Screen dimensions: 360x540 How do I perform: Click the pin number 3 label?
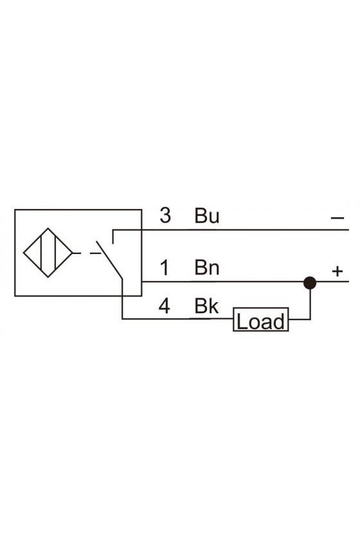click(x=165, y=215)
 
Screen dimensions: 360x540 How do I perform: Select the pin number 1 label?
click(x=165, y=267)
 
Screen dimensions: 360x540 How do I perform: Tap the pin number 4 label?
click(x=165, y=305)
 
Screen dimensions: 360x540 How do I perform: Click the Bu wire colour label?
click(x=207, y=215)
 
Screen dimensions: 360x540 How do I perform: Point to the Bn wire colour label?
click(x=207, y=267)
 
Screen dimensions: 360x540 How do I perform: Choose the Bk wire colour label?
click(x=206, y=305)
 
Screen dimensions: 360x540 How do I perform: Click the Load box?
click(x=261, y=319)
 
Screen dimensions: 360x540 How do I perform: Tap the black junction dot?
click(x=310, y=283)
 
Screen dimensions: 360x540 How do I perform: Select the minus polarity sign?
click(x=337, y=218)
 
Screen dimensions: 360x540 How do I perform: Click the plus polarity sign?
click(x=337, y=271)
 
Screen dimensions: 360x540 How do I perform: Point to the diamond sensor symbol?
click(x=48, y=253)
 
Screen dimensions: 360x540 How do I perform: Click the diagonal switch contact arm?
click(x=109, y=260)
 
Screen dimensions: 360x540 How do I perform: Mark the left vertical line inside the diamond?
click(x=41, y=253)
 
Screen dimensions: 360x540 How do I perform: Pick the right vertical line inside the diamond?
click(x=55, y=253)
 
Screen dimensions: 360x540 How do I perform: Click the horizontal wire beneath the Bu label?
click(x=231, y=230)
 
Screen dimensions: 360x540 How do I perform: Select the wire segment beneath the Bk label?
click(x=177, y=319)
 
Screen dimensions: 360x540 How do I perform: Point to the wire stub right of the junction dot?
click(x=332, y=282)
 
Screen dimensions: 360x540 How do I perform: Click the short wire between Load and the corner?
click(x=299, y=319)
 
